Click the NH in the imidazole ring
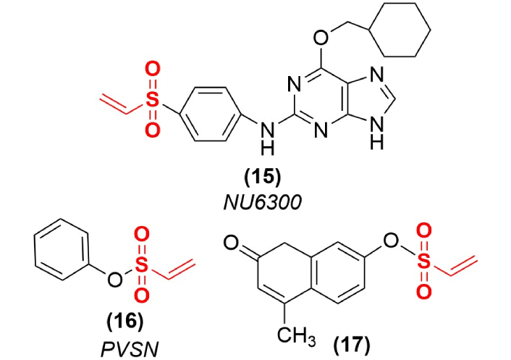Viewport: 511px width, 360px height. [x=375, y=136]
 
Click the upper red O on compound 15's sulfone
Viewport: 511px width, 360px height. [x=151, y=71]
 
